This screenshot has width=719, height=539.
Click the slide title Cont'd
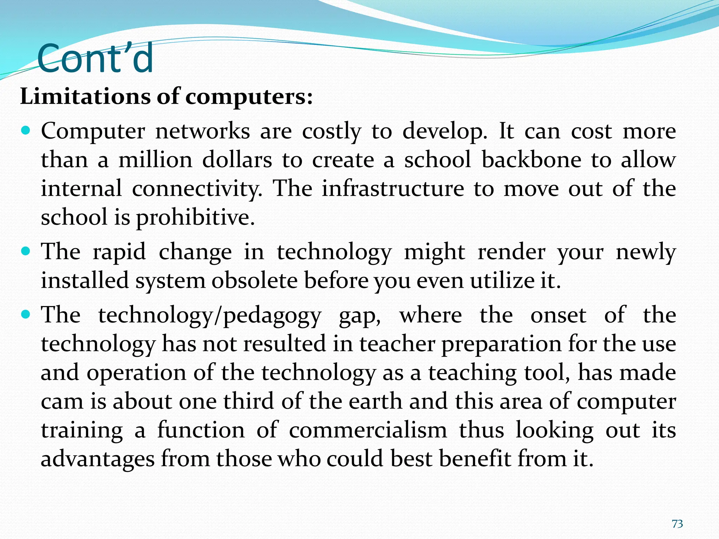click(95, 58)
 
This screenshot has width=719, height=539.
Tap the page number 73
click(677, 524)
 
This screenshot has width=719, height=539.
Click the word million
click(156, 160)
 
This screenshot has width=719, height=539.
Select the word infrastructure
click(393, 189)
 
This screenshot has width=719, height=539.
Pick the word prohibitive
click(195, 218)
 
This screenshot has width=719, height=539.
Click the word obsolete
click(254, 281)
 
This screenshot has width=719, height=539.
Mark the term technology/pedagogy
click(210, 315)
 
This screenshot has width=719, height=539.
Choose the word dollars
click(237, 160)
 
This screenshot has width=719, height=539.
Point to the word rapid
click(119, 252)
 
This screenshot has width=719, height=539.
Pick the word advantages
click(98, 459)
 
